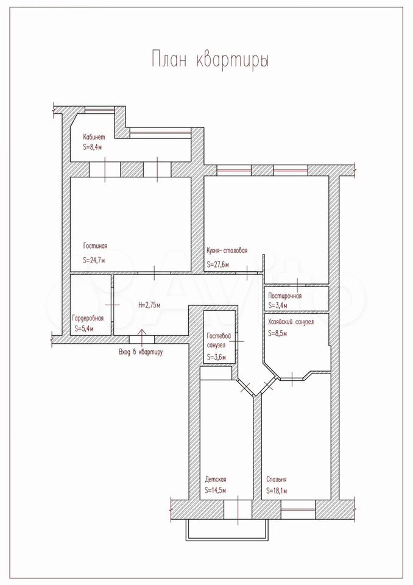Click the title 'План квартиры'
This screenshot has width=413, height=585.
[210, 60]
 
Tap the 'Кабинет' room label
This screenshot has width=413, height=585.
[94, 137]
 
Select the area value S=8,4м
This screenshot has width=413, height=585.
[93, 147]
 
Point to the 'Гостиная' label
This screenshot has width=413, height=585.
[95, 246]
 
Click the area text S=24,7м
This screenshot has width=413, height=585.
[94, 260]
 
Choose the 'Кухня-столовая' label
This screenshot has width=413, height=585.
[227, 250]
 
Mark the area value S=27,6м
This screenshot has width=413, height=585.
[217, 264]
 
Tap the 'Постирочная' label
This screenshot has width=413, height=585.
[285, 296]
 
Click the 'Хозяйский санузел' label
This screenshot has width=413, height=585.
[291, 322]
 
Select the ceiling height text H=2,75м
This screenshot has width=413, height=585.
[149, 305]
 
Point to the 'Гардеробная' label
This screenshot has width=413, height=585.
[88, 319]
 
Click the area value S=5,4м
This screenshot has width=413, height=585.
[83, 328]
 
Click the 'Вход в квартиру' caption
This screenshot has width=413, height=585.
[141, 352]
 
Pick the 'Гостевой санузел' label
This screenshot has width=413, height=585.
[216, 340]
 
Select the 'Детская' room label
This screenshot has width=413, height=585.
[215, 480]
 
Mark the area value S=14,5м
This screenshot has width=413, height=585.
[215, 490]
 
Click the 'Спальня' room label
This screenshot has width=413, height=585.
[277, 480]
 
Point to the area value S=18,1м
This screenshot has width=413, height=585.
[277, 491]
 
